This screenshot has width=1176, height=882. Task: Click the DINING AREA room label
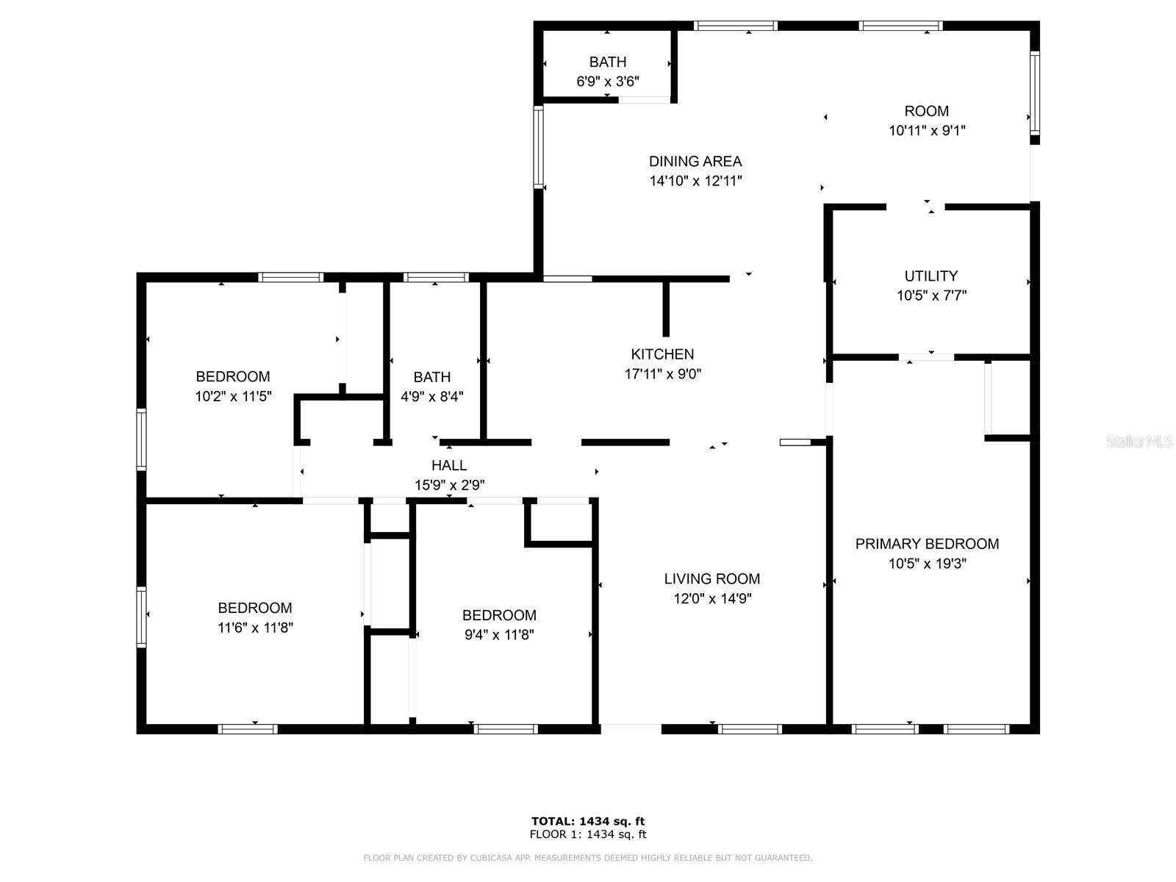pyautogui.click(x=695, y=161)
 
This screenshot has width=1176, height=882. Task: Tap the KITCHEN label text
pyautogui.click(x=662, y=354)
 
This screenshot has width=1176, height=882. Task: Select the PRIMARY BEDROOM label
pyautogui.click(x=927, y=544)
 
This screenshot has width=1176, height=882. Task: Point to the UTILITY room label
pyautogui.click(x=931, y=276)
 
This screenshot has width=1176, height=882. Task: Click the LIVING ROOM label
pyautogui.click(x=712, y=578)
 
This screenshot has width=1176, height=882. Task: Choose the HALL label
pyautogui.click(x=449, y=465)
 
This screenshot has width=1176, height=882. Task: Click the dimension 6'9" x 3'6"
pyautogui.click(x=608, y=82)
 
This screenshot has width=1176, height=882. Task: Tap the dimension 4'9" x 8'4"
pyautogui.click(x=432, y=396)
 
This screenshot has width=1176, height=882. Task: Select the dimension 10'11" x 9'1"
pyautogui.click(x=927, y=130)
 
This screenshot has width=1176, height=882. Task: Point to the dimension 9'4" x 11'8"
pyautogui.click(x=499, y=634)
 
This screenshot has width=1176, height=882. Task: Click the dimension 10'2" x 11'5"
pyautogui.click(x=233, y=396)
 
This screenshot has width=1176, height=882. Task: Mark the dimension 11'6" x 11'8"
pyautogui.click(x=255, y=627)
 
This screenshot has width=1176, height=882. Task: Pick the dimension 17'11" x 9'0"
pyautogui.click(x=663, y=374)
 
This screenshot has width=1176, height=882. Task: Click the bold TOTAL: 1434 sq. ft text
pyautogui.click(x=588, y=821)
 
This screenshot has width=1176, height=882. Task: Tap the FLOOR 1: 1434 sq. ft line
pyautogui.click(x=588, y=833)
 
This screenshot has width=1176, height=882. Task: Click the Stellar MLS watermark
pyautogui.click(x=1139, y=441)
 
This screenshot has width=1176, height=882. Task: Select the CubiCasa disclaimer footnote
pyautogui.click(x=588, y=857)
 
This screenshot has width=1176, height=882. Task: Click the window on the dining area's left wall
pyautogui.click(x=538, y=147)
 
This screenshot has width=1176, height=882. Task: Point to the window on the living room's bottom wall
pyautogui.click(x=750, y=729)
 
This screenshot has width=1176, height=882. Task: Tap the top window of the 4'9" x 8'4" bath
pyautogui.click(x=436, y=277)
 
